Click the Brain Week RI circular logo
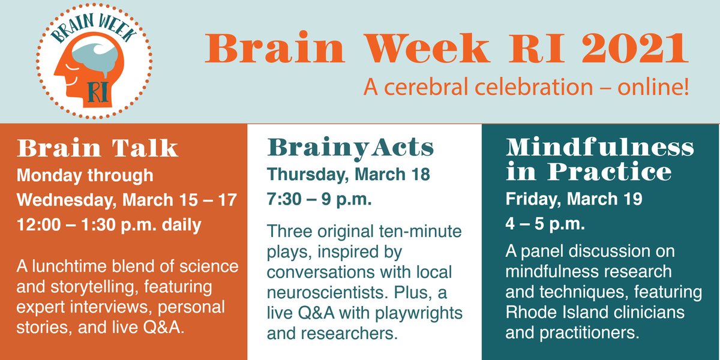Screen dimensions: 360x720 click(x=91, y=62)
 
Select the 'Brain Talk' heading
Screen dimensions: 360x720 click(x=98, y=148)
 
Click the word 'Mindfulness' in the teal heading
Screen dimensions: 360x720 click(x=599, y=147)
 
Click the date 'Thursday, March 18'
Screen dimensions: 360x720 click(x=349, y=175)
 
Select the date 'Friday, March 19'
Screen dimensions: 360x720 click(x=574, y=199)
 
